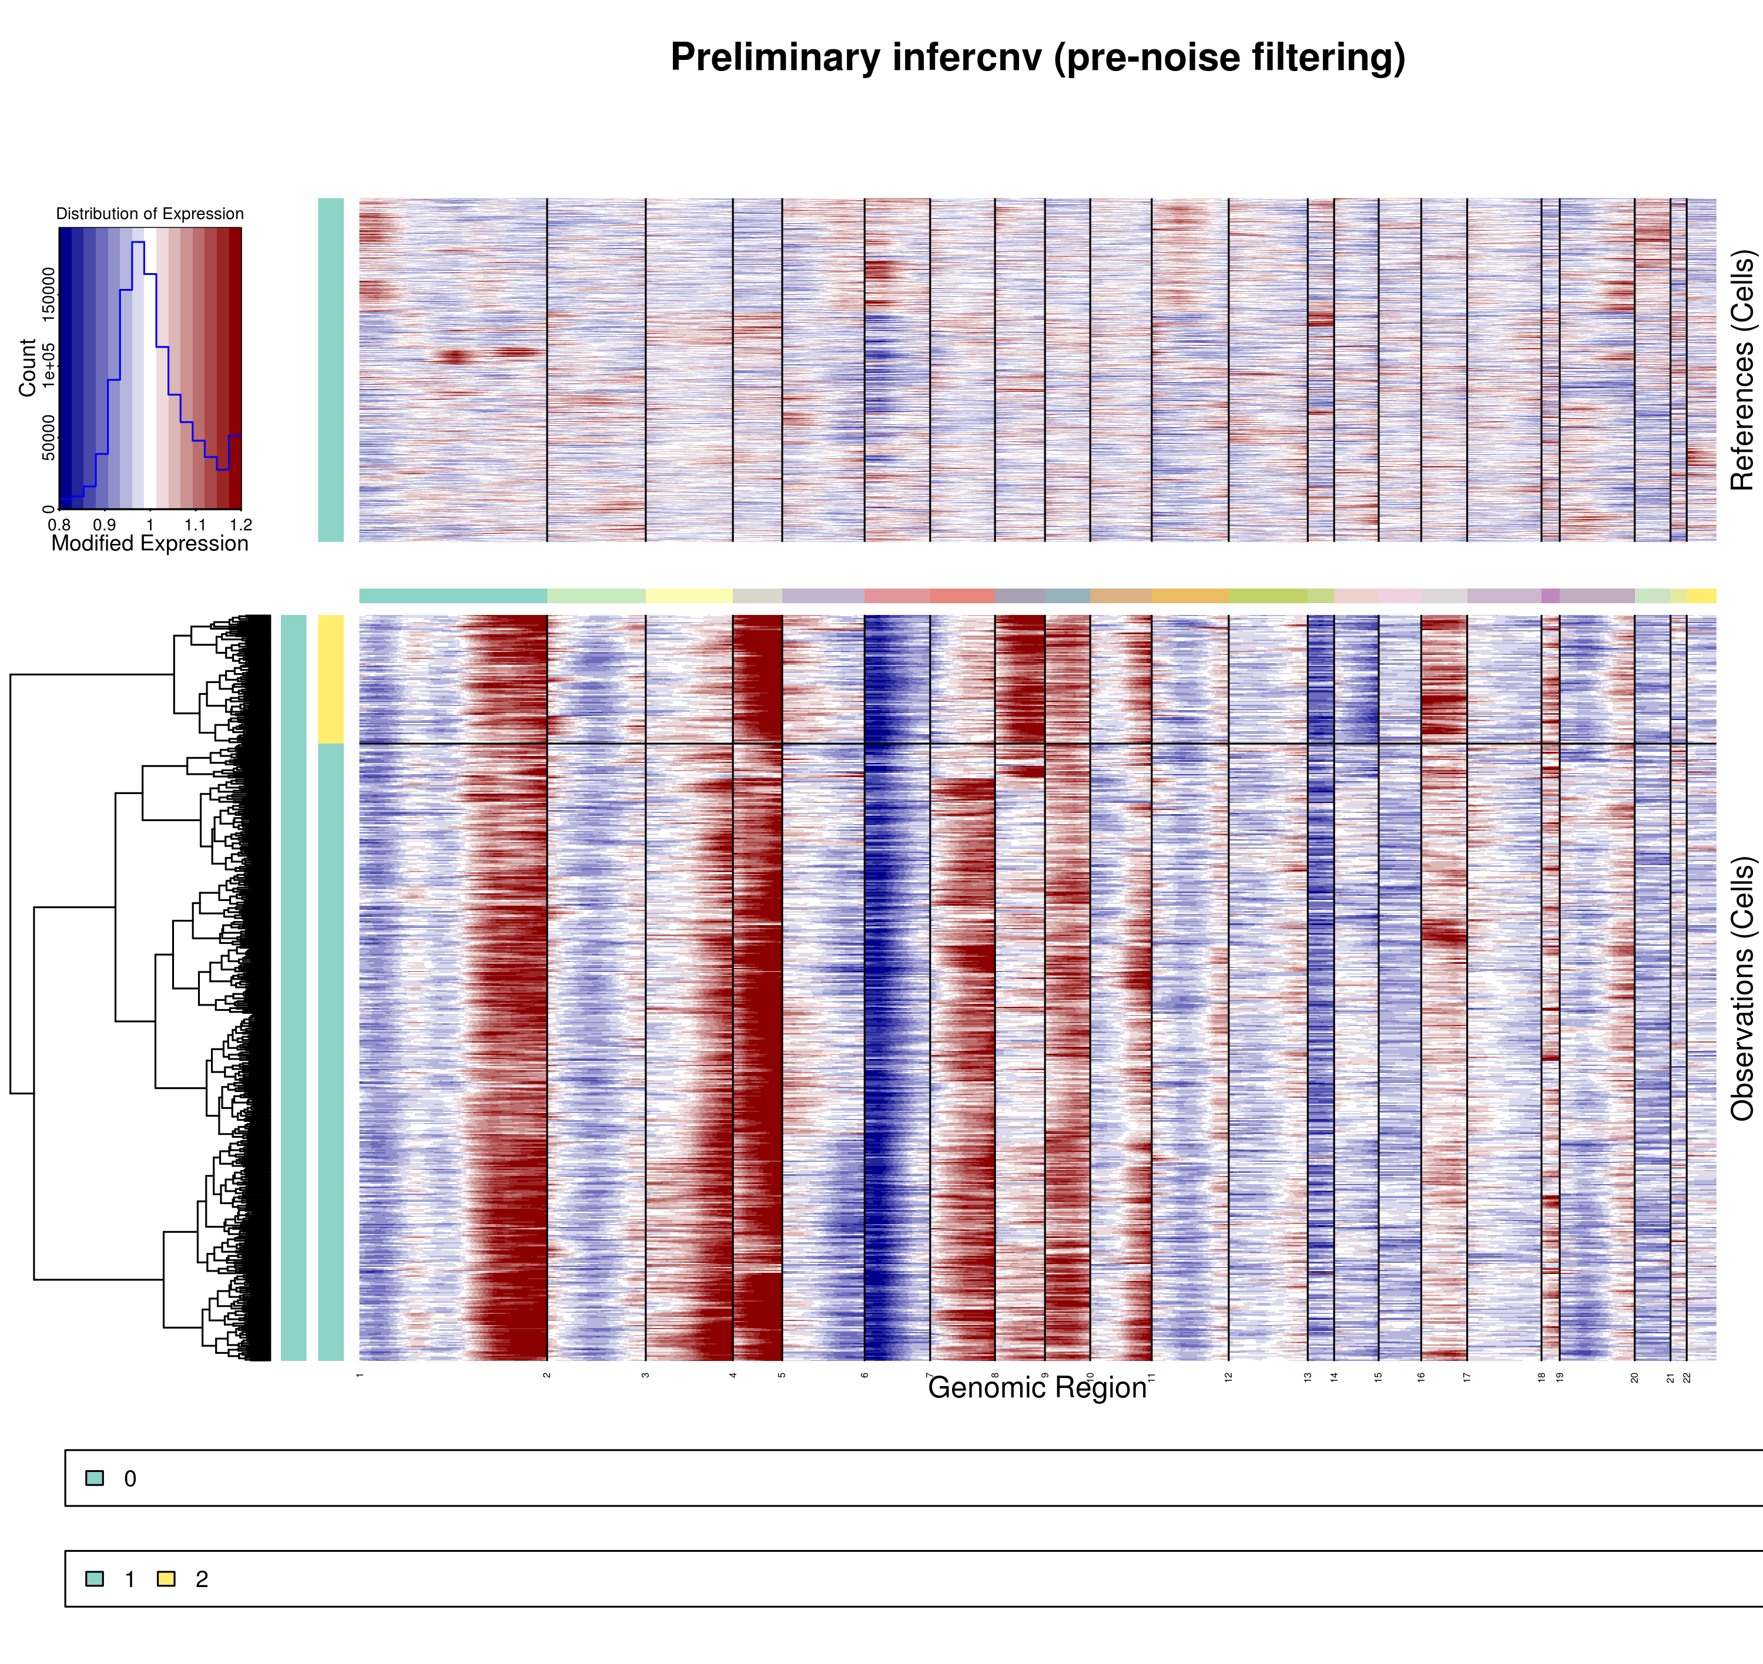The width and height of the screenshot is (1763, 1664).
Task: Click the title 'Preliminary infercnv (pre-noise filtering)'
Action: (x=1037, y=58)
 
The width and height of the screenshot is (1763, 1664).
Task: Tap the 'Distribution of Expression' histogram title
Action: (x=150, y=214)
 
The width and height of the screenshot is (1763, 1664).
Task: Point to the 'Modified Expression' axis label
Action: (x=150, y=544)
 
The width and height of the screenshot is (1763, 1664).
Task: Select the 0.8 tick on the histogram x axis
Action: (x=59, y=525)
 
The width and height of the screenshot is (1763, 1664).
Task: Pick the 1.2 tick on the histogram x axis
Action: (x=240, y=525)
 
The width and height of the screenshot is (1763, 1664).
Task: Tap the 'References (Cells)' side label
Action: (x=1742, y=370)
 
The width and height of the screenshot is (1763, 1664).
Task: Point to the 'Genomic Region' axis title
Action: (x=1037, y=1388)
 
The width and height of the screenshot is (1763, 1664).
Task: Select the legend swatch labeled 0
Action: (x=94, y=1478)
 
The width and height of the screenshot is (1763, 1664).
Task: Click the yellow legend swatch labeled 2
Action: (x=166, y=1579)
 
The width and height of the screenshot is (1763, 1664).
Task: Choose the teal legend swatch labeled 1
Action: (x=94, y=1579)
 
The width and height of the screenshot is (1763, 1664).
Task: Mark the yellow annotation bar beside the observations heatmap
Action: (x=330, y=678)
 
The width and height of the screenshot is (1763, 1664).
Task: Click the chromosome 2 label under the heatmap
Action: (x=547, y=1375)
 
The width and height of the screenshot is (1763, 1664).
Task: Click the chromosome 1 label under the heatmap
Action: (x=359, y=1375)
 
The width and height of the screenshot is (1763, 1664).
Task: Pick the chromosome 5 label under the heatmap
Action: (x=782, y=1375)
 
